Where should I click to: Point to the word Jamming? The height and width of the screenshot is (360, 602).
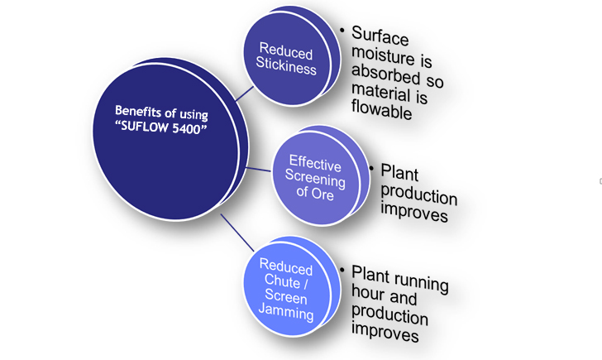[285, 314]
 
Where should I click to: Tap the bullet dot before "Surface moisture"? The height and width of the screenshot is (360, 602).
[342, 30]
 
